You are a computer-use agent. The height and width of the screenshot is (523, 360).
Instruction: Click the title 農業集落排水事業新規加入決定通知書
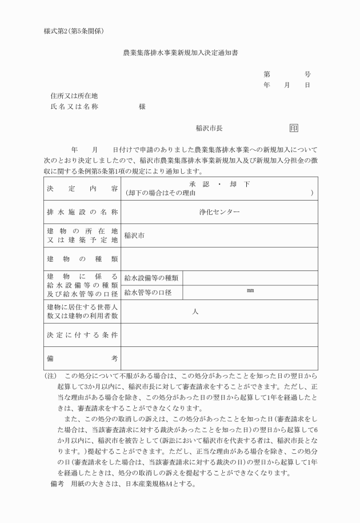click(x=181, y=53)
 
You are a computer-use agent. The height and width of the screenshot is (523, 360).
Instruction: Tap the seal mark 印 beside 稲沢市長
click(x=294, y=128)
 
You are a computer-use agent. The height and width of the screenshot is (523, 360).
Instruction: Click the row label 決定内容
click(x=82, y=188)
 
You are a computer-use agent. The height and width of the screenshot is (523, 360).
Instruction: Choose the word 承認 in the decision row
click(x=198, y=184)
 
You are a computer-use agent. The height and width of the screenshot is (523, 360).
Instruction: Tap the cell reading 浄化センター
click(x=219, y=211)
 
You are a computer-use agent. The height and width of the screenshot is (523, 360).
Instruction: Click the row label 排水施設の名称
click(x=82, y=211)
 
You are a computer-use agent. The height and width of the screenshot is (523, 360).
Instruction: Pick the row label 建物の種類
click(x=82, y=259)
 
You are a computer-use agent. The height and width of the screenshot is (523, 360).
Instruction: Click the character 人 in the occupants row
click(x=195, y=312)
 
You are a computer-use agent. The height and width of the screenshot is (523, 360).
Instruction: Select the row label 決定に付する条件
click(x=82, y=335)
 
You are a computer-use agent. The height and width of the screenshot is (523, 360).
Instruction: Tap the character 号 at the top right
click(x=307, y=74)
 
